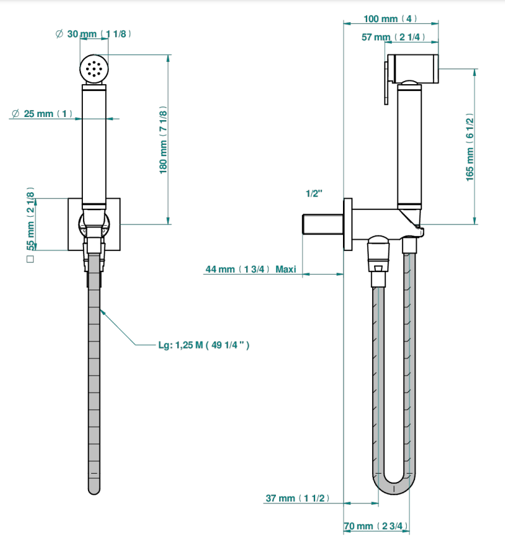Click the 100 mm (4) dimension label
click(x=390, y=18)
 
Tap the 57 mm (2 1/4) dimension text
click(x=393, y=37)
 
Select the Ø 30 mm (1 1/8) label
click(x=93, y=34)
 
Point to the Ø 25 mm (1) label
click(x=42, y=114)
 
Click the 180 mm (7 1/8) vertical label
click(x=163, y=140)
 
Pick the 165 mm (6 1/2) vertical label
click(x=470, y=147)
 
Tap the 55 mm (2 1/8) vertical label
click(x=30, y=219)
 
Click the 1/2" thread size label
click(x=314, y=194)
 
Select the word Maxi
click(x=285, y=269)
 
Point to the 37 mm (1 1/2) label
click(x=297, y=498)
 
